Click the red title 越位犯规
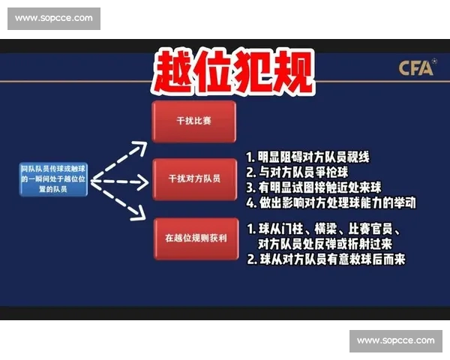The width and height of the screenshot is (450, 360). (232, 72)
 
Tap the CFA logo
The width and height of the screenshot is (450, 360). (416, 68)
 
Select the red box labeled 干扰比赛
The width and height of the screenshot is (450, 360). (193, 120)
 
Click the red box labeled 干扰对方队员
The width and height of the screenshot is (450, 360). (193, 178)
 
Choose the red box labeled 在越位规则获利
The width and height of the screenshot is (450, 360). (193, 238)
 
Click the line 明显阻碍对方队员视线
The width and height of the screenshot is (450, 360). (308, 157)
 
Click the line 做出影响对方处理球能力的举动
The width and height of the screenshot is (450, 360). (331, 202)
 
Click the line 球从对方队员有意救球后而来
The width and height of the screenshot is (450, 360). (326, 260)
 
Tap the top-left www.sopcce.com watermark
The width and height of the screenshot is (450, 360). (54, 18)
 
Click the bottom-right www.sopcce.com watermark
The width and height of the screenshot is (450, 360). (395, 340)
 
